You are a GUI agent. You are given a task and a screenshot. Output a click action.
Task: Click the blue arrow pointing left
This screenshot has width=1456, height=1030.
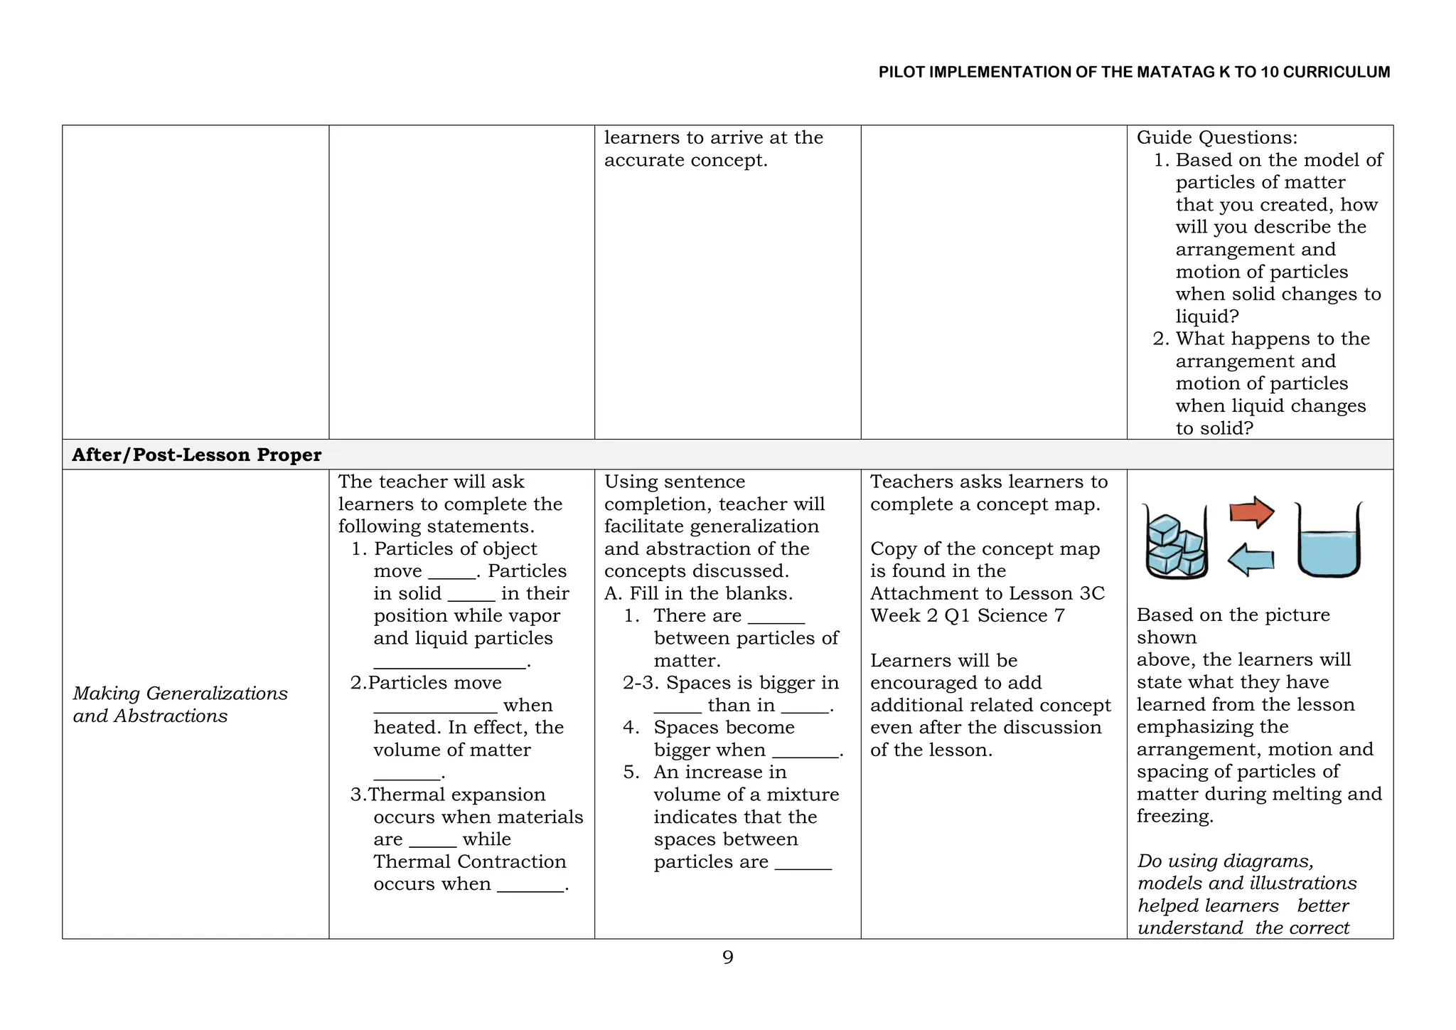coord(1251,560)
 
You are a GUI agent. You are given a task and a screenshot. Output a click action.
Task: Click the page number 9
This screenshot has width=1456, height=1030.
coord(727,957)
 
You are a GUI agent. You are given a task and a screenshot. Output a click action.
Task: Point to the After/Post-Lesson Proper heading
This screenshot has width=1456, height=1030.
coord(196,455)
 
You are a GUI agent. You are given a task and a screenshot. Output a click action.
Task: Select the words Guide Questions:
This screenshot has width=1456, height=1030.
coord(1216,137)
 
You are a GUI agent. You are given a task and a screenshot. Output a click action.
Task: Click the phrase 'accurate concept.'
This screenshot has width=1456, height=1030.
coord(685,160)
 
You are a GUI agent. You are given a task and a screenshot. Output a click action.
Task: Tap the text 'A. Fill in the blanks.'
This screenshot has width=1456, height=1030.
coord(698,593)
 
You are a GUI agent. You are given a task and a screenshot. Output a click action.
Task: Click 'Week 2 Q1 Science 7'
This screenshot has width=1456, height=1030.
coord(967,615)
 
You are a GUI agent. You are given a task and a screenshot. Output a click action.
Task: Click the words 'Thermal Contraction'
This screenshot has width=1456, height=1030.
coord(469,861)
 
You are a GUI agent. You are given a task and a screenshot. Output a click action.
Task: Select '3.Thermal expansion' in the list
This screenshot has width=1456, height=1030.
coord(448,795)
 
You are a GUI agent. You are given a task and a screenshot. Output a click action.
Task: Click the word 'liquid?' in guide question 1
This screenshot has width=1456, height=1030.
coord(1206,317)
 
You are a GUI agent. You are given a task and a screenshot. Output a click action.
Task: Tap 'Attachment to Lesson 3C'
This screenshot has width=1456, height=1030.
coord(987,593)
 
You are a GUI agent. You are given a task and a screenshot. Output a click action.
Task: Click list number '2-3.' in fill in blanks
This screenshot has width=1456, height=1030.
coord(640,683)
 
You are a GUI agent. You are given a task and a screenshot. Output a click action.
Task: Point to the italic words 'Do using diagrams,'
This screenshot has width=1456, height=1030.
coord(1225,861)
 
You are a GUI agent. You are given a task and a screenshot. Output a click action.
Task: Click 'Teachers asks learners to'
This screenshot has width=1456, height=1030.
coord(988,482)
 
